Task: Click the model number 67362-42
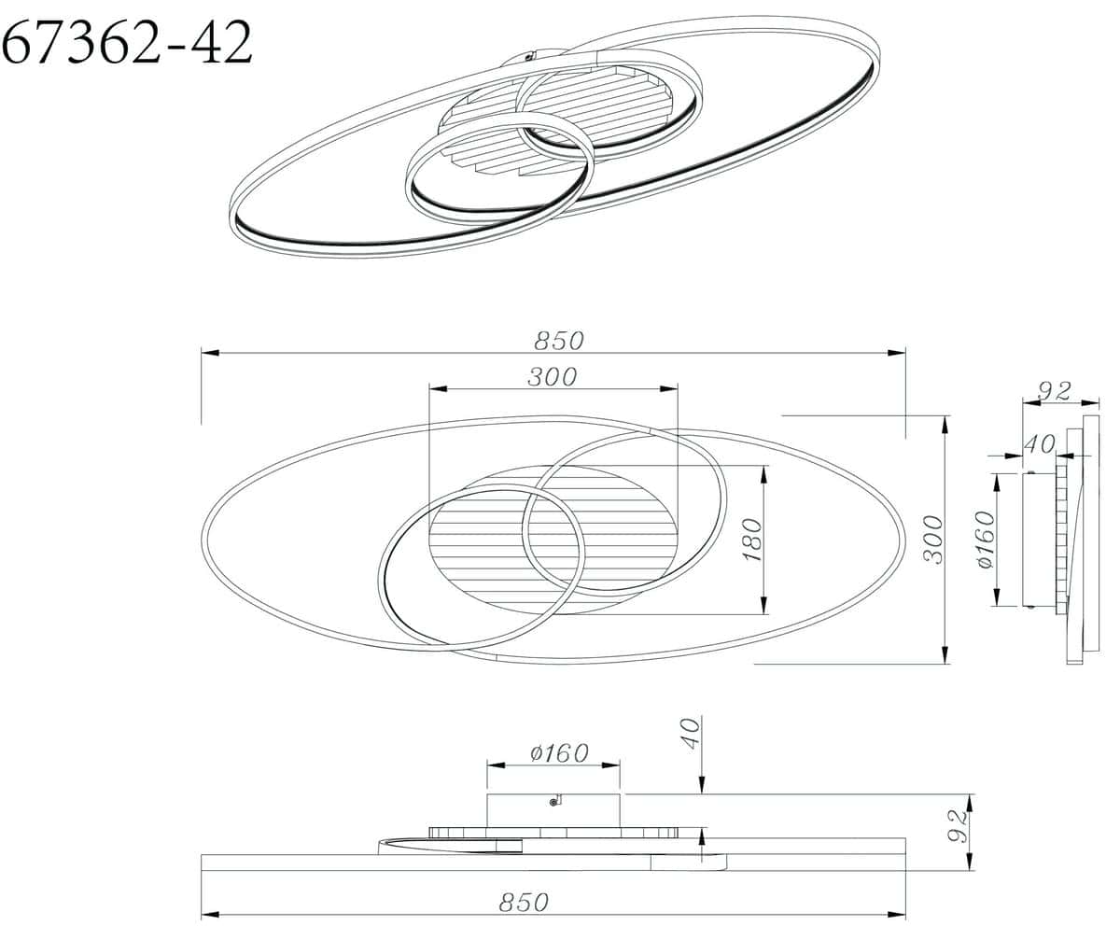click(127, 42)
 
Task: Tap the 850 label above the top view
click(558, 341)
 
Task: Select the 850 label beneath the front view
click(524, 902)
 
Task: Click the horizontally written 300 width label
click(552, 377)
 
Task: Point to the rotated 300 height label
click(932, 540)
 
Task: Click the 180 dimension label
click(751, 540)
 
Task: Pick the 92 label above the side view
click(1055, 391)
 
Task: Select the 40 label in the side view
click(1039, 444)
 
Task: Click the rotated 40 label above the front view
click(691, 734)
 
